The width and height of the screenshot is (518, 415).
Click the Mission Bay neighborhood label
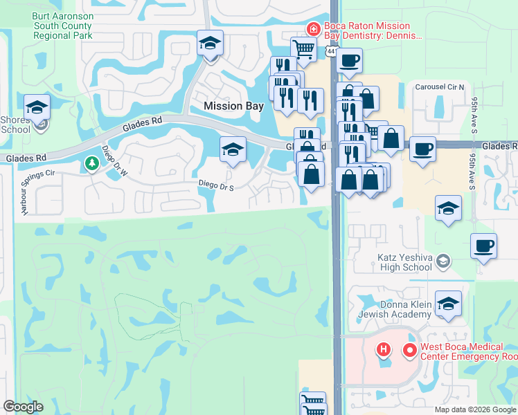tap(233, 106)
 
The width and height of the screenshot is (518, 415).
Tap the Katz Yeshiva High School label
tap(404, 261)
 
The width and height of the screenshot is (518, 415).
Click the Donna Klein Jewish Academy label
tap(404, 309)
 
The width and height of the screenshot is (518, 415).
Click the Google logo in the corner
tap(23, 407)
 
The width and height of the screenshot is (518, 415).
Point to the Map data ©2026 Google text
tap(475, 409)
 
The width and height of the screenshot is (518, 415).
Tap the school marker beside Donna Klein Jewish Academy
tap(448, 304)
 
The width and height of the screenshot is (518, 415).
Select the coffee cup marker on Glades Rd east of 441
tap(422, 149)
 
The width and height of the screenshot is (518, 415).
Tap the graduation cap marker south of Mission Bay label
tap(233, 149)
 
